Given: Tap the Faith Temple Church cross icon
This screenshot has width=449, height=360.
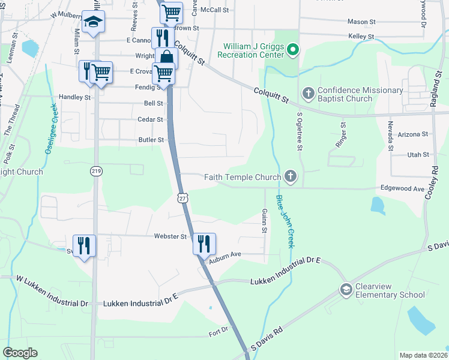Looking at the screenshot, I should click(291, 176).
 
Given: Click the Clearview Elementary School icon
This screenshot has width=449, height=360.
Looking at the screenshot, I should click(346, 290).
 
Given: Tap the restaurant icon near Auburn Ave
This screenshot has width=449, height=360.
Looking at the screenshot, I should click(203, 242).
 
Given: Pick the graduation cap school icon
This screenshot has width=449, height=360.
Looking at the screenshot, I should click(92, 22).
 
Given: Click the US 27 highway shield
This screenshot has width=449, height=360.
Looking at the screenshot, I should click(182, 197).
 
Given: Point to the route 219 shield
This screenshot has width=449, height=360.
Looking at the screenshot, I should click(95, 172).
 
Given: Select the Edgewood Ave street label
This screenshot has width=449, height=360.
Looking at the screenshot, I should click(402, 188).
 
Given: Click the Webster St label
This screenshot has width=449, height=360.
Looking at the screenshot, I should click(170, 236).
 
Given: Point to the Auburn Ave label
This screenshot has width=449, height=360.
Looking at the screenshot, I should click(223, 254).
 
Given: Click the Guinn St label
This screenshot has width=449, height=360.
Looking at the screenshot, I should click(264, 220).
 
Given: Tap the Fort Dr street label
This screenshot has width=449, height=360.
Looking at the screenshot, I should click(219, 329).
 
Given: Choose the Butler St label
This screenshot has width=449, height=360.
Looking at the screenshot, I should click(151, 140).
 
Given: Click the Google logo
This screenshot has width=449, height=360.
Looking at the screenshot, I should click(20, 353).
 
